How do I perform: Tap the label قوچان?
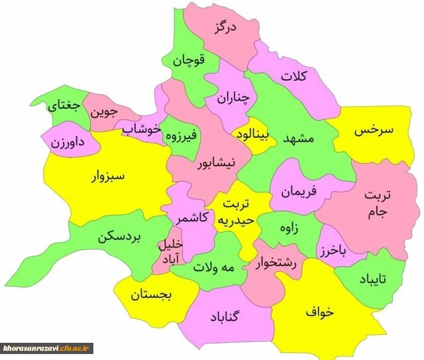pyautogui.click(x=189, y=60)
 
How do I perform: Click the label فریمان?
pyautogui.click(x=299, y=190)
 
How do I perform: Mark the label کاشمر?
pyautogui.click(x=193, y=217)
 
